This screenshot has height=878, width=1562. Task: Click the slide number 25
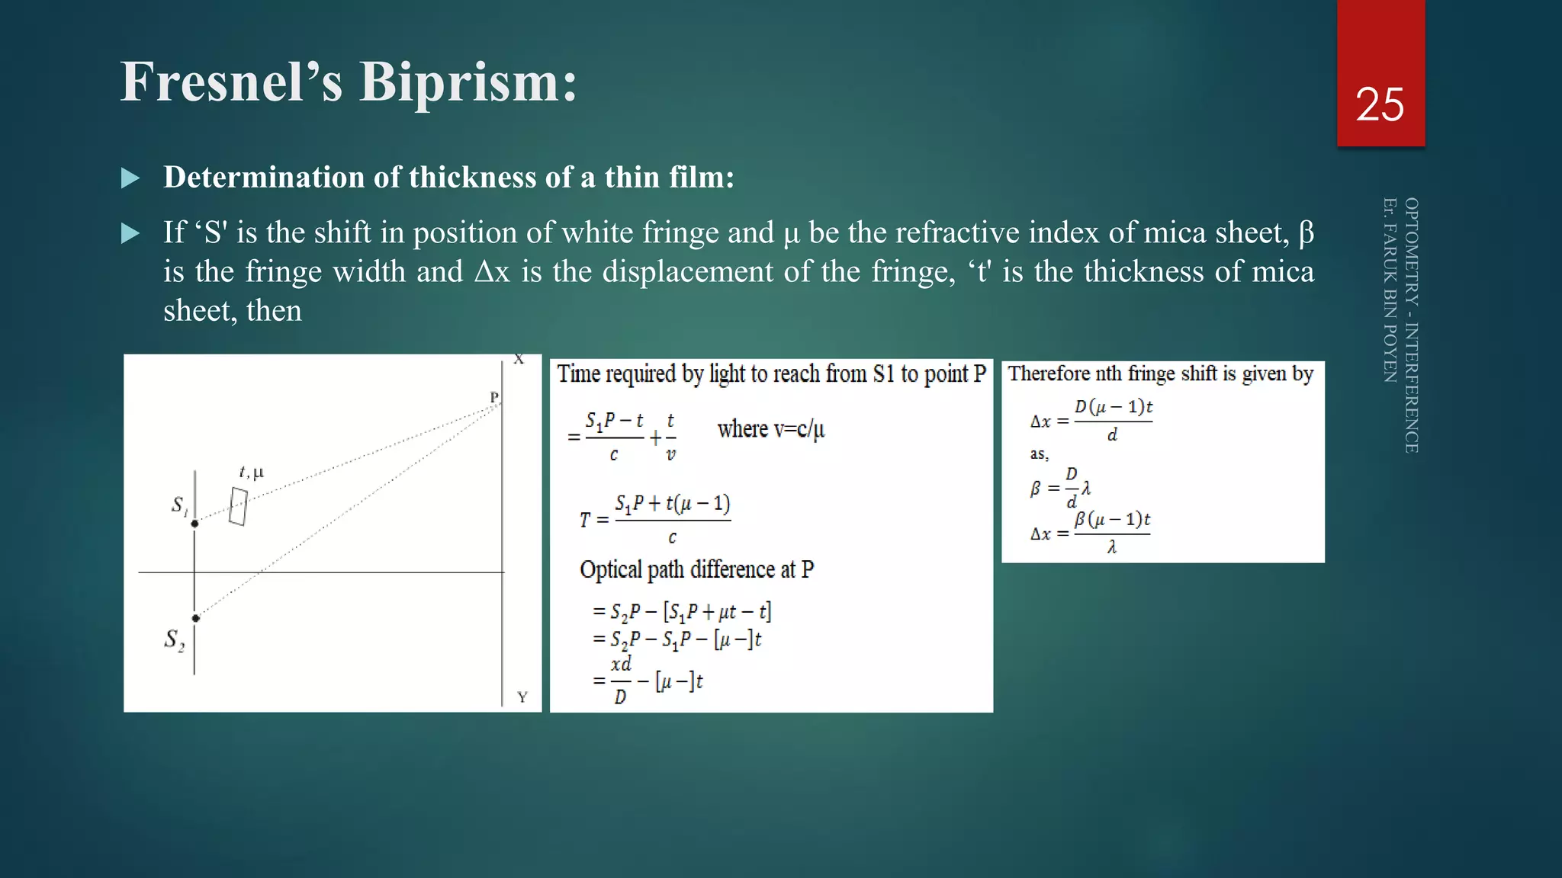(x=1380, y=104)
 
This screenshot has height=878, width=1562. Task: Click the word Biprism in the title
(x=468, y=82)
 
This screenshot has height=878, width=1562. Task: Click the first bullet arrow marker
(x=130, y=178)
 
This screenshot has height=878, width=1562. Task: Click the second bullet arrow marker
(x=130, y=233)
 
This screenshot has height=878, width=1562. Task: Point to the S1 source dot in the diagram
(x=194, y=524)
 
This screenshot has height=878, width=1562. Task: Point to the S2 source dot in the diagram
(x=195, y=618)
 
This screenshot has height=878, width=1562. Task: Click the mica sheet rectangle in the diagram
(x=238, y=507)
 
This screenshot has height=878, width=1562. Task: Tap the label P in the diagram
(x=494, y=397)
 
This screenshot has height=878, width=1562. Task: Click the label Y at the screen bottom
(x=522, y=697)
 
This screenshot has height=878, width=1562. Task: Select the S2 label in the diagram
(x=174, y=639)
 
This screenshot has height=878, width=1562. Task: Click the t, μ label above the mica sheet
(x=251, y=473)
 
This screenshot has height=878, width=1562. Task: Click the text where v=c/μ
(x=770, y=429)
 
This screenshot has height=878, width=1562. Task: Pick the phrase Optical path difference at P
(x=696, y=569)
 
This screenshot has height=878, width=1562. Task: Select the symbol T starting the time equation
(x=584, y=521)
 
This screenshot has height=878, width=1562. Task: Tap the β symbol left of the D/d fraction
(x=1035, y=489)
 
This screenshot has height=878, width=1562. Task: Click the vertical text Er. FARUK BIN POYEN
(x=1390, y=290)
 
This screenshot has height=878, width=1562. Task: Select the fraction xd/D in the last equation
(x=621, y=680)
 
